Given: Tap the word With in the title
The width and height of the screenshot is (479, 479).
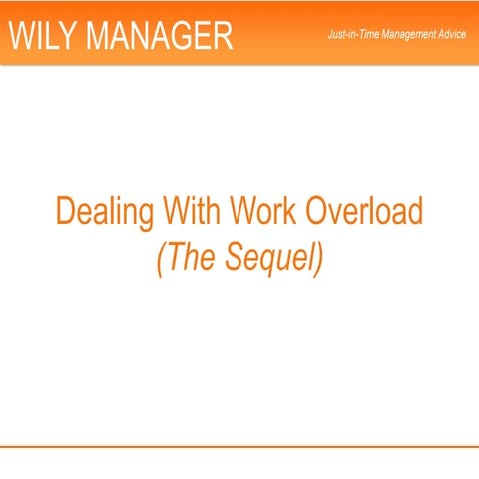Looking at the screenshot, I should pyautogui.click(x=192, y=212).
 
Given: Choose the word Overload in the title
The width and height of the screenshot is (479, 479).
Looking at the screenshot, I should pyautogui.click(x=364, y=212).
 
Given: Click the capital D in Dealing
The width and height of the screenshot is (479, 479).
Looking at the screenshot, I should pyautogui.click(x=66, y=212).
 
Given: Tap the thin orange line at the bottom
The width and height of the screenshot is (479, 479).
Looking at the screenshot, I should pyautogui.click(x=239, y=445).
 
